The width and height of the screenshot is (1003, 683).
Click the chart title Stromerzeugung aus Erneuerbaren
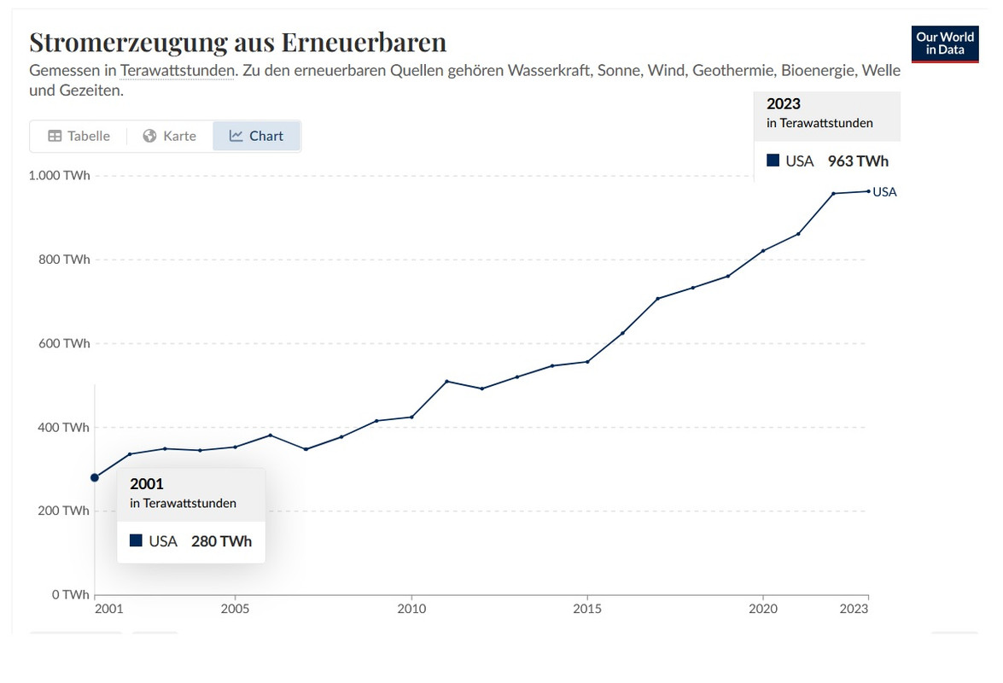pos(237,42)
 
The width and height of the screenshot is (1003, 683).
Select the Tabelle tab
pos(79,136)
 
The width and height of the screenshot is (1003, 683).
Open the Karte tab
pos(170,136)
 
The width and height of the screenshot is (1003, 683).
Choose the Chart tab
pos(256,136)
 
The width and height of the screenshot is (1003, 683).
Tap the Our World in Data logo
pos(945,44)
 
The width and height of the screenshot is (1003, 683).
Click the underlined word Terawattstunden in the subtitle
pos(177,70)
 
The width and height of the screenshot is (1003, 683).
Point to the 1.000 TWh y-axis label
pos(60,176)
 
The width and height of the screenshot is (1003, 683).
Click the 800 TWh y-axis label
pos(65,260)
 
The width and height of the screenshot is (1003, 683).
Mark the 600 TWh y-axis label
pos(65,343)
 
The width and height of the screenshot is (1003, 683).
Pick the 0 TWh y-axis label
pos(70,594)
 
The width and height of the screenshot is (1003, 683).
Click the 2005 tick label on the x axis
pos(235,609)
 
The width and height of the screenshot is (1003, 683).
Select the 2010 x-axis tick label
pos(411,609)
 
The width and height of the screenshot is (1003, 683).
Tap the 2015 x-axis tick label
pos(587,609)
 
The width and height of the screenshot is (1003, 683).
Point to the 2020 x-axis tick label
pos(762,609)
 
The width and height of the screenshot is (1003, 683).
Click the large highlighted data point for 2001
pos(95,477)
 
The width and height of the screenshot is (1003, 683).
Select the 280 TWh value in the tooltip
pos(221,540)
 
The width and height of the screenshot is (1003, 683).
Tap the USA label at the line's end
pos(885,192)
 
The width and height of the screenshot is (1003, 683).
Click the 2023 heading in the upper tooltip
pos(784,104)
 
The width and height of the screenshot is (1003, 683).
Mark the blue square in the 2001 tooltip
pos(136,540)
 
